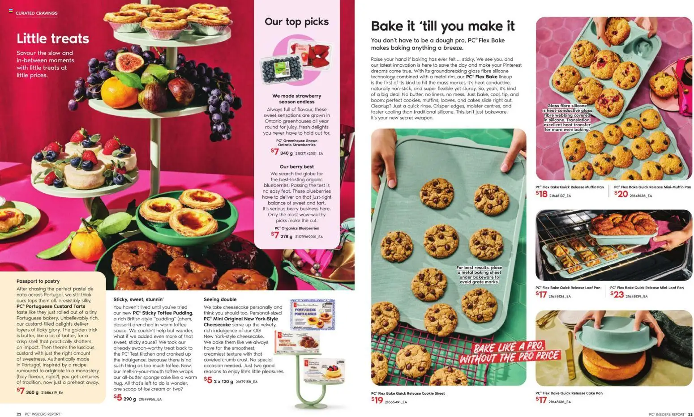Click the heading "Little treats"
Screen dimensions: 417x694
tap(53, 38)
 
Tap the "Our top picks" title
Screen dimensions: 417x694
tap(296, 21)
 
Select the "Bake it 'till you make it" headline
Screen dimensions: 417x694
tap(442, 26)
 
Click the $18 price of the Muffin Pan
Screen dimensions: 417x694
tap(541, 194)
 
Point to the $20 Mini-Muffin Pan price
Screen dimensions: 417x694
tap(621, 194)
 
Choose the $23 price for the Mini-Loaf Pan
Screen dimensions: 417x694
tap(617, 294)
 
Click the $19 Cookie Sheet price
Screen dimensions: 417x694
tap(377, 400)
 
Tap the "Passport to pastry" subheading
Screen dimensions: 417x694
tap(38, 281)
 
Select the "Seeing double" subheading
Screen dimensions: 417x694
tap(220, 299)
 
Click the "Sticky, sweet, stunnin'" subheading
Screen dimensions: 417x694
tap(138, 299)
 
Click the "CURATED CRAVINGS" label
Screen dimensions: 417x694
tap(36, 13)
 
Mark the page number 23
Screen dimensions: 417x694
tap(690, 414)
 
